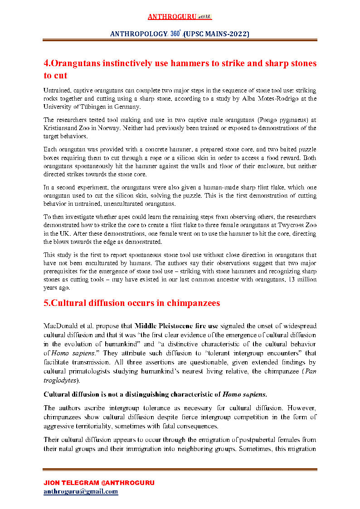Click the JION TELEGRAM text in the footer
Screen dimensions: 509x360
(75, 483)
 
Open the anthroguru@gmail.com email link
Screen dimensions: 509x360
(81, 491)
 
